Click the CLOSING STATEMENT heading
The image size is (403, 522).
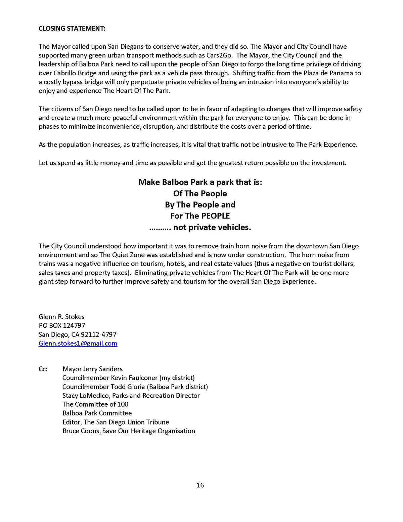coord(72,29)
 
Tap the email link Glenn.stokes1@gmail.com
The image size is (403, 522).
coord(78,344)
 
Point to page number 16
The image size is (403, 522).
coord(200,485)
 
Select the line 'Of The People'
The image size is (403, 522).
coord(200,194)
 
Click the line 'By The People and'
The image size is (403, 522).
coord(200,205)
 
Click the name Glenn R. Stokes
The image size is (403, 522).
coord(61,317)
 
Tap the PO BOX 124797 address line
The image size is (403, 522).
coord(62,325)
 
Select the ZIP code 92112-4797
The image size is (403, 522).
coord(99,335)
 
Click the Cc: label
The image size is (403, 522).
coord(43,369)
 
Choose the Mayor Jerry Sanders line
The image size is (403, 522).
coord(92,369)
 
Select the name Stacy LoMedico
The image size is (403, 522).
coord(86,396)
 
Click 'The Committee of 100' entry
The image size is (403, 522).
coord(95,404)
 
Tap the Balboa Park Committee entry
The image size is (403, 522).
coord(97,413)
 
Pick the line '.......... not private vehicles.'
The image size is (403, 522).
coord(200,228)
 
